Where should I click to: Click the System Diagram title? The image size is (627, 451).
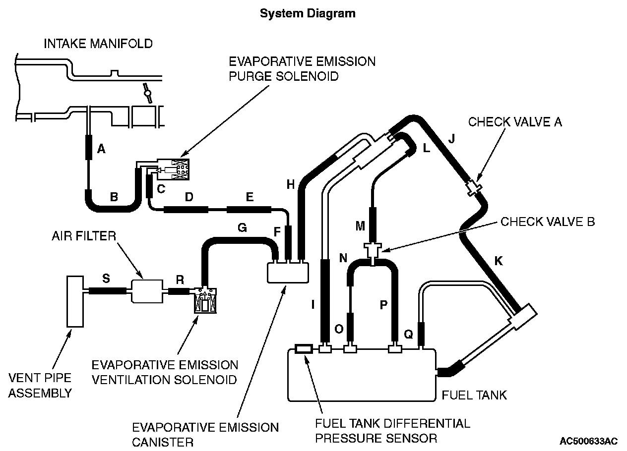pos(308,13)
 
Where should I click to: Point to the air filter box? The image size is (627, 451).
pos(147,291)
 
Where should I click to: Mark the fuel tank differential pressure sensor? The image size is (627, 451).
pos(303,349)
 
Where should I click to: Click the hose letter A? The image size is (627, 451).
pos(101,148)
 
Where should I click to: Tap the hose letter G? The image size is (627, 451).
pos(242,227)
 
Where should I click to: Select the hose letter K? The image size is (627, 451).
pos(499,261)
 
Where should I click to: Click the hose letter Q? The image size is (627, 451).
pos(408,334)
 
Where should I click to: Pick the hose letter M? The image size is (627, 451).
pos(360,226)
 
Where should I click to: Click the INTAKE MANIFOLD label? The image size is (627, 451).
pos(98,44)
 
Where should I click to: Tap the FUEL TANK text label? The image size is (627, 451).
pos(474,395)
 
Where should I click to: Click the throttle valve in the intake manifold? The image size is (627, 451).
pos(147,92)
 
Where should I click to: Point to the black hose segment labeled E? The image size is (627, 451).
pos(249,209)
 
